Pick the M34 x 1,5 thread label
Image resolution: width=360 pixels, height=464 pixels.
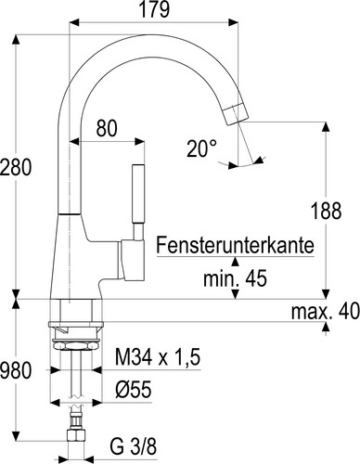tap(154, 356)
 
